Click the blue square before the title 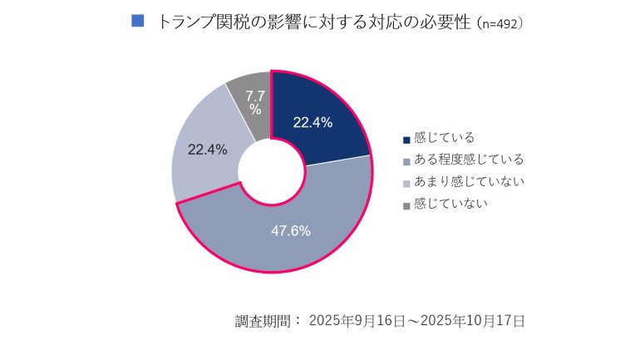[139, 21]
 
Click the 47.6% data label [291, 231]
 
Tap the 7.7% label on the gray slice [255, 102]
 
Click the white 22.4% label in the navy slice [313, 122]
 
